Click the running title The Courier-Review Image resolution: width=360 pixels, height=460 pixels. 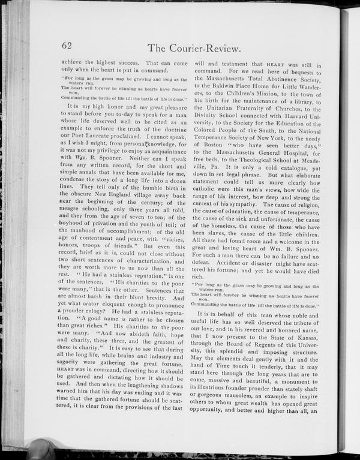194,48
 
